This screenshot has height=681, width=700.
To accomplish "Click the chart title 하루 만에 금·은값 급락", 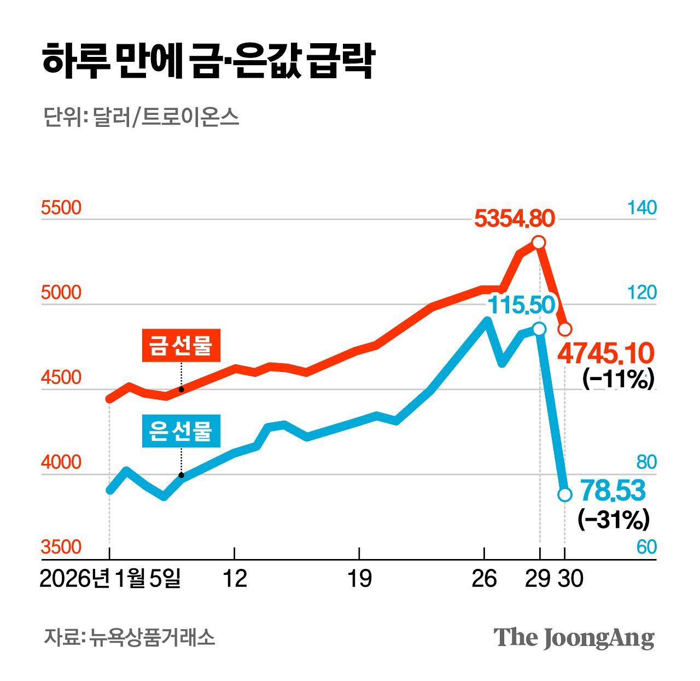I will pyautogui.click(x=208, y=61).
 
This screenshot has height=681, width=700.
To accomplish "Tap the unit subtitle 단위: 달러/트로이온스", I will pyautogui.click(x=141, y=117).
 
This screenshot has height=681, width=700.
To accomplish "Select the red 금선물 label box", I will pyautogui.click(x=181, y=345).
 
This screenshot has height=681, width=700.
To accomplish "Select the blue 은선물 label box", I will pyautogui.click(x=181, y=432).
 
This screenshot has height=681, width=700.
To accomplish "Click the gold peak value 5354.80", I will pyautogui.click(x=514, y=218).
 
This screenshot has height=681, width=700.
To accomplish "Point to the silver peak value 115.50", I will pyautogui.click(x=521, y=305).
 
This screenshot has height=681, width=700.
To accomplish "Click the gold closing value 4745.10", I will pyautogui.click(x=605, y=354).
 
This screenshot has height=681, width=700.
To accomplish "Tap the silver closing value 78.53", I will pyautogui.click(x=612, y=490).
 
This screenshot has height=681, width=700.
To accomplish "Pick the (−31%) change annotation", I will pyautogui.click(x=614, y=519).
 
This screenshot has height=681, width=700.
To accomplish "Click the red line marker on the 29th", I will pyautogui.click(x=539, y=242).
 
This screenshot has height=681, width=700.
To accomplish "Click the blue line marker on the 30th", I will pyautogui.click(x=565, y=494).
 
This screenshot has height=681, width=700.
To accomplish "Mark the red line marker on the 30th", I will pyautogui.click(x=565, y=329).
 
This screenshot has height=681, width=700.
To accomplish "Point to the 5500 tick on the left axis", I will pyautogui.click(x=61, y=208).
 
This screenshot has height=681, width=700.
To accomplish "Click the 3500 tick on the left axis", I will pyautogui.click(x=61, y=547).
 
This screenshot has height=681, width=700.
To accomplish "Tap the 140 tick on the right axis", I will pyautogui.click(x=641, y=208).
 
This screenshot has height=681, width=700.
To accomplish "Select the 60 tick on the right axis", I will pyautogui.click(x=646, y=547).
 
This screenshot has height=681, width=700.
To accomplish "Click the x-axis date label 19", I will pyautogui.click(x=359, y=579).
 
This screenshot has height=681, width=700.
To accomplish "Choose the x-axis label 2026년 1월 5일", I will pyautogui.click(x=110, y=579).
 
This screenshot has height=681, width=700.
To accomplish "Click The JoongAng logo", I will pyautogui.click(x=574, y=638).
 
